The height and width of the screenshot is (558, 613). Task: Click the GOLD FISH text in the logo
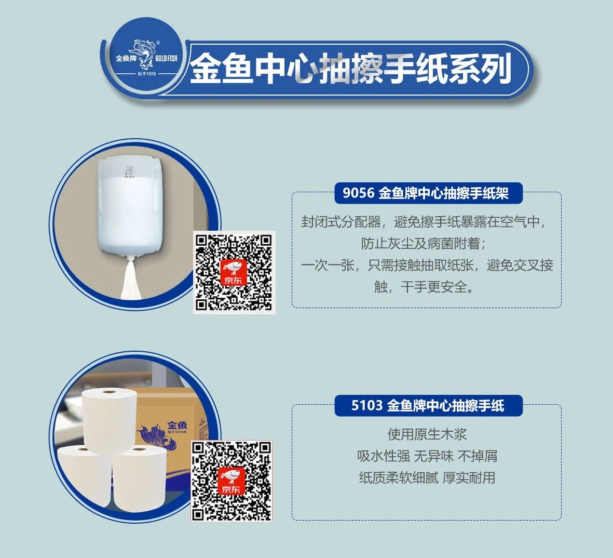166,59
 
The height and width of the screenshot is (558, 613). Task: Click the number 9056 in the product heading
359,193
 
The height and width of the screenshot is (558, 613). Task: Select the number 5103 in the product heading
366,405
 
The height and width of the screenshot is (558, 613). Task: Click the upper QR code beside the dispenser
234,272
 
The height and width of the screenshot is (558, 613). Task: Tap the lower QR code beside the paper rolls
231,481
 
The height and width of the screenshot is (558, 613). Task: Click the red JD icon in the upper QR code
234,272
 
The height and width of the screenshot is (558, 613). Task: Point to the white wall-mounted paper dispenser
130,207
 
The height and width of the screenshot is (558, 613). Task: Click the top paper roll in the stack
109,420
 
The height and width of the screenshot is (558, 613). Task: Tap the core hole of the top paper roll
109,391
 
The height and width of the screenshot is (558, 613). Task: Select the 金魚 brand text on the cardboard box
178,424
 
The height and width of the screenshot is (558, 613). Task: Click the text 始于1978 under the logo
147,74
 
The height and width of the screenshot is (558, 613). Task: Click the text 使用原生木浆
427,434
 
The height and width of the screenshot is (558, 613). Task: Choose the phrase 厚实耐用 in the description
469,477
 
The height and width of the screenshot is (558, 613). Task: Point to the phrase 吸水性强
384,456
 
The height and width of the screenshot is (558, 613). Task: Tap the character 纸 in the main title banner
431,69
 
